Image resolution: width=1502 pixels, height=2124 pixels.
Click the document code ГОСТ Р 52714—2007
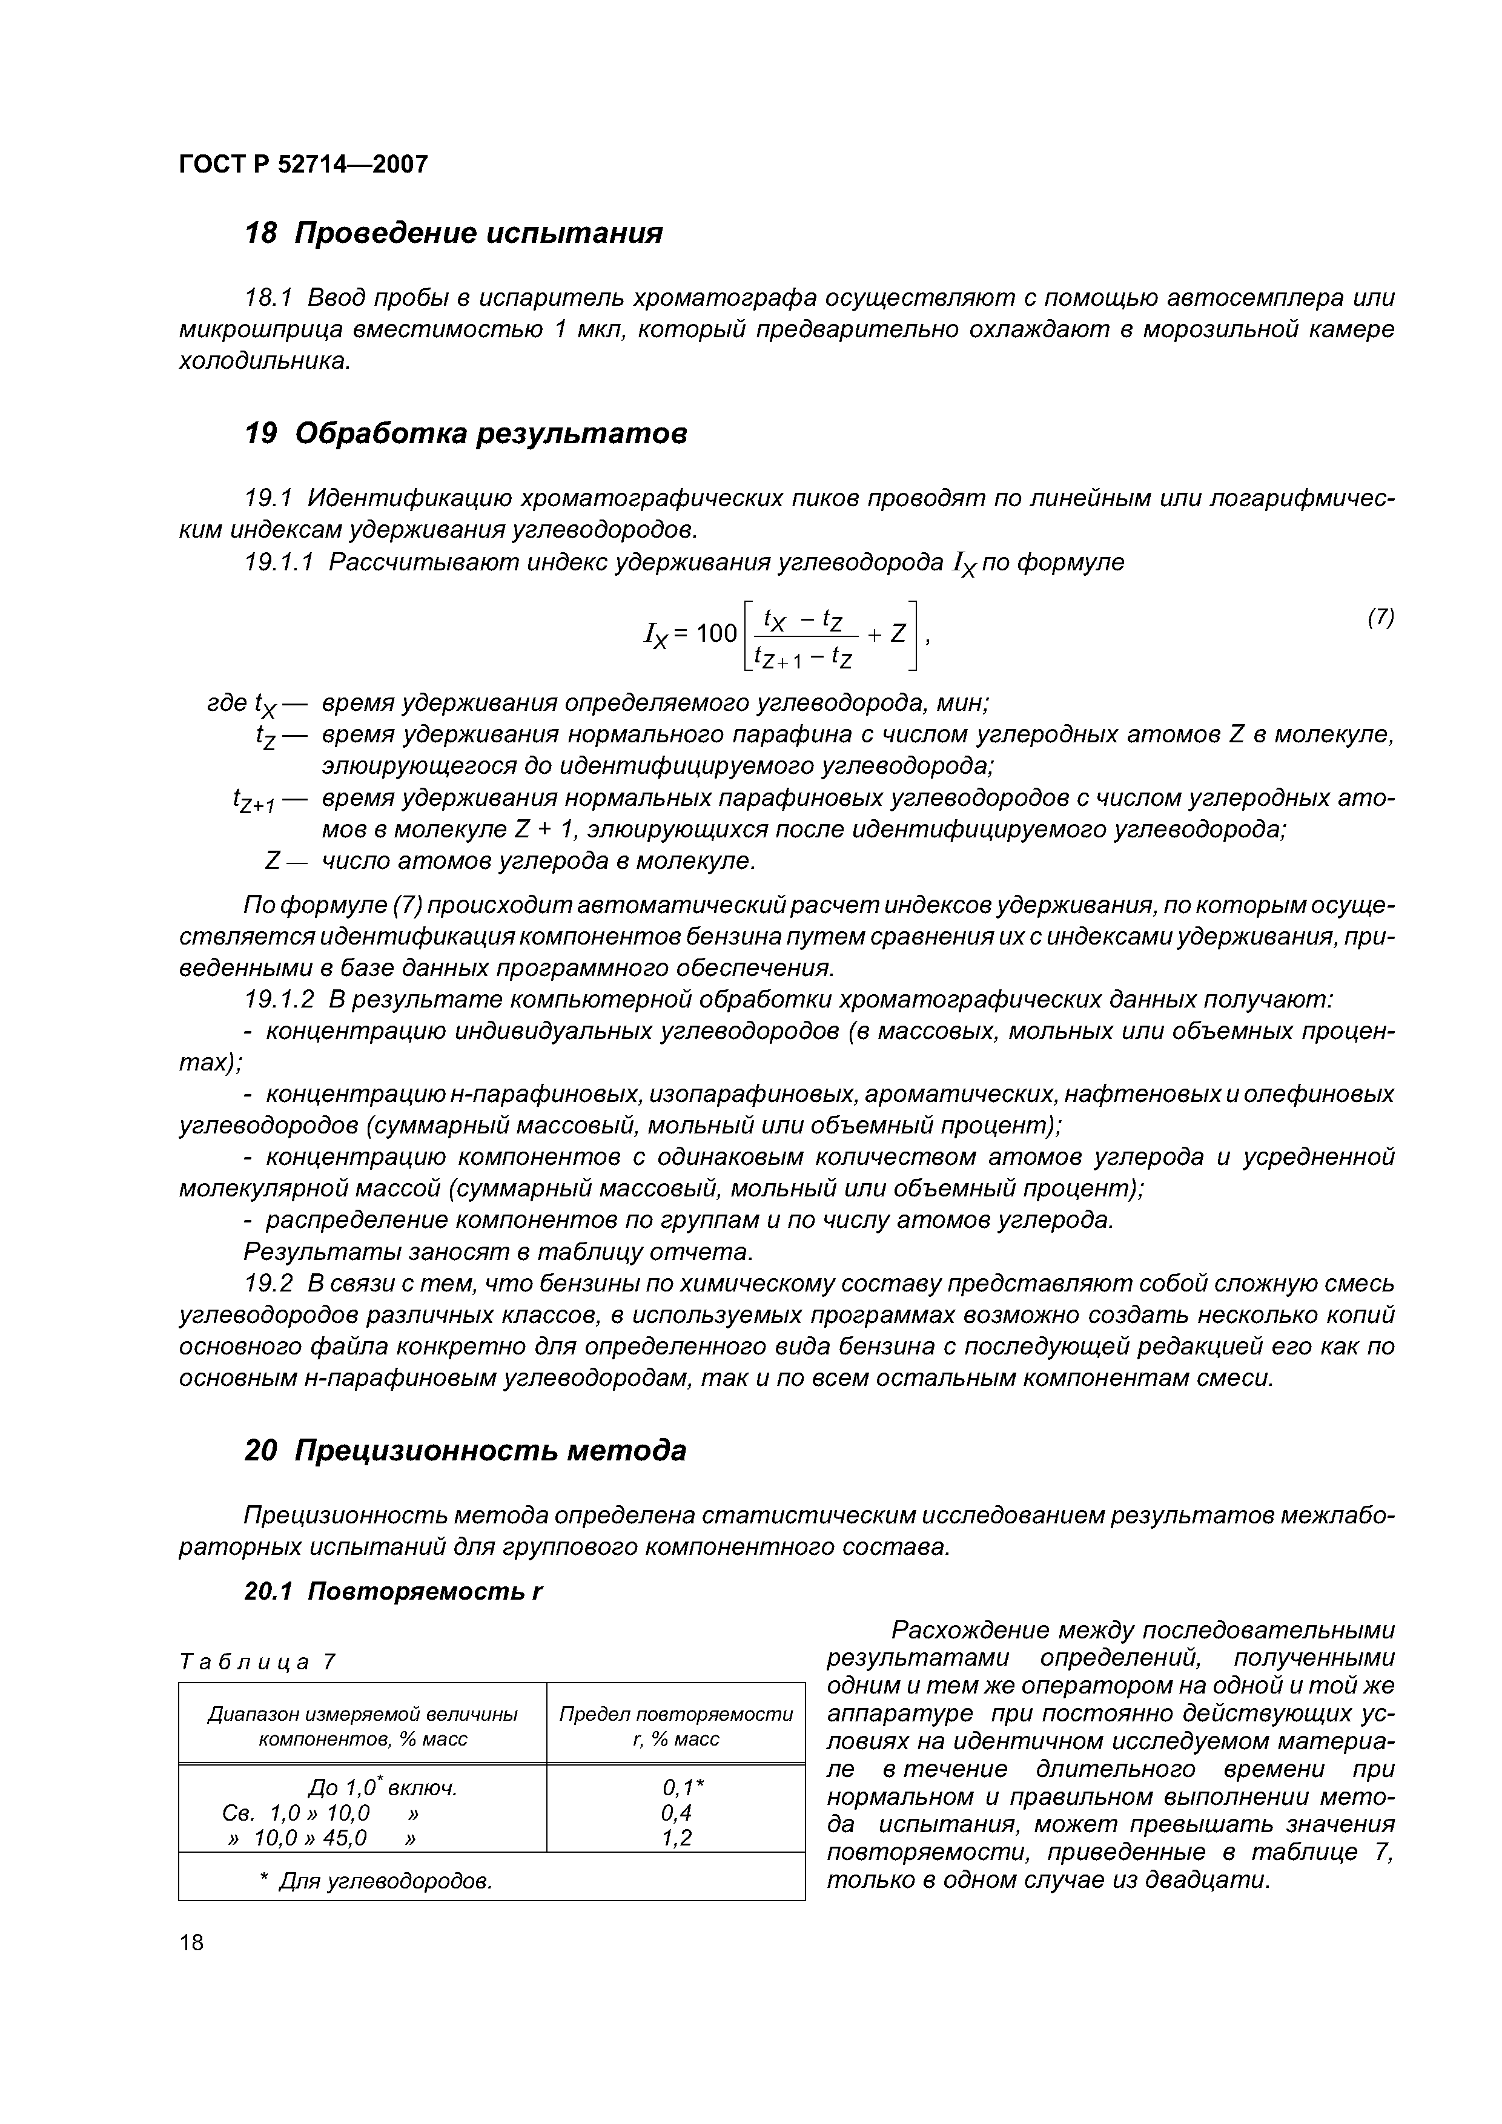[x=303, y=165]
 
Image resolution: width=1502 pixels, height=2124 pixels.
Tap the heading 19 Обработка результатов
[x=466, y=433]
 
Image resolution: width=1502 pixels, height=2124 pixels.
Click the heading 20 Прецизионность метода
[x=466, y=1451]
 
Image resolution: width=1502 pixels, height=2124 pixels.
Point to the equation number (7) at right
[x=1380, y=617]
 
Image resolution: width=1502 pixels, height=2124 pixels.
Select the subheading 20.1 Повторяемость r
[x=393, y=1591]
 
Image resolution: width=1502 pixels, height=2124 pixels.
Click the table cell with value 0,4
[x=677, y=1812]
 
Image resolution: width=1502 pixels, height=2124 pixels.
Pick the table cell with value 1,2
[x=677, y=1837]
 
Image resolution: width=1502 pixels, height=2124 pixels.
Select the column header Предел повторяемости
[x=677, y=1714]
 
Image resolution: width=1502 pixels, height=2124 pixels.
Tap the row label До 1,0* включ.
[x=382, y=1787]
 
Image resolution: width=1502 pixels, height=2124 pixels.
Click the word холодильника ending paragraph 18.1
[x=263, y=361]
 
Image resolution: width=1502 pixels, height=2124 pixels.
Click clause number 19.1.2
[x=279, y=1000]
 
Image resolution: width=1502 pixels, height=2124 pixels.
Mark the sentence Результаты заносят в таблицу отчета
[x=498, y=1252]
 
